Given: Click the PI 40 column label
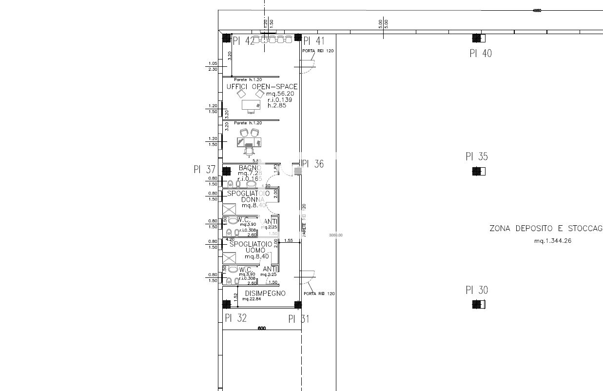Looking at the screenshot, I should [480, 54].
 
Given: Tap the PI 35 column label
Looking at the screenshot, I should [476, 157].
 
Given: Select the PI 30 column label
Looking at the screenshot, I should [476, 291].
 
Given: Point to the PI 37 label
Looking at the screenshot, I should [204, 170].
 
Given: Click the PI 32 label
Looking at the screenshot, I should [235, 318].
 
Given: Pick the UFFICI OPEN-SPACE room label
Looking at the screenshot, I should [262, 87].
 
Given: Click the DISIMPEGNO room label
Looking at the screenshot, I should [265, 293].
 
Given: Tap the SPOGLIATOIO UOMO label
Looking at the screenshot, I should [251, 247].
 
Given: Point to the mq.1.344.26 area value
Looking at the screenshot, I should [552, 241].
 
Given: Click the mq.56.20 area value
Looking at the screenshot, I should [280, 94].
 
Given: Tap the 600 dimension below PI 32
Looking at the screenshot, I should [261, 329].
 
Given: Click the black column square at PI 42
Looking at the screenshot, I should [226, 38].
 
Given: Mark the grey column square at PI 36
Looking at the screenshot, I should [298, 171].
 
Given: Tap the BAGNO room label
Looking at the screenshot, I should [250, 168].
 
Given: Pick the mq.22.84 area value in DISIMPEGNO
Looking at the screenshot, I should [252, 299].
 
